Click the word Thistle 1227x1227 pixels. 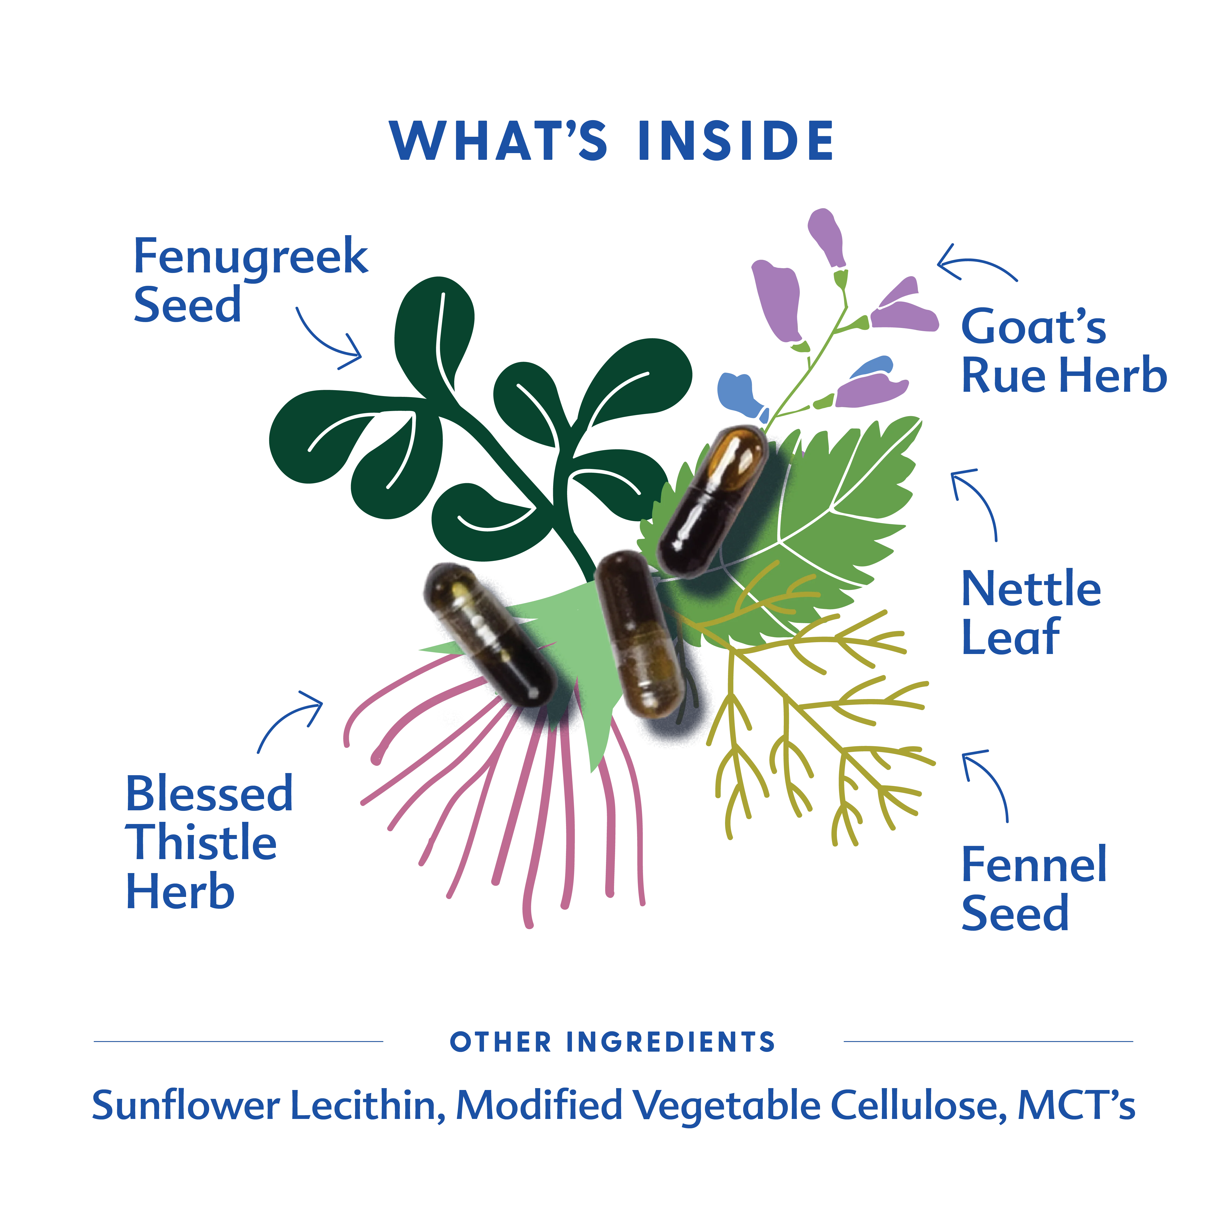[x=201, y=843]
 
